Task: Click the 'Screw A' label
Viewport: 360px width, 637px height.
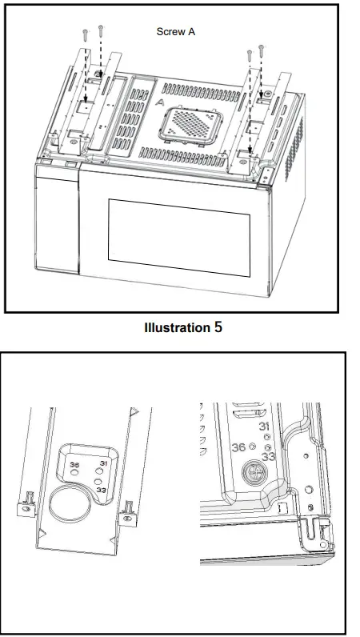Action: click(175, 32)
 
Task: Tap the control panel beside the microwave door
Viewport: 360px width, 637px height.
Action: click(56, 220)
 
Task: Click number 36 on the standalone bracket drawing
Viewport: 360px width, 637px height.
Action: click(74, 464)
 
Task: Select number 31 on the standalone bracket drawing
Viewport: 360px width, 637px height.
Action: click(102, 463)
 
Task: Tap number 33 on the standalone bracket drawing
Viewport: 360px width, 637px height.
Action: click(101, 488)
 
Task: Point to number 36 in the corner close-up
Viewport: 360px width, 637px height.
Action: click(238, 447)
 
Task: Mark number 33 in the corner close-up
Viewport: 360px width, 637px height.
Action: click(269, 456)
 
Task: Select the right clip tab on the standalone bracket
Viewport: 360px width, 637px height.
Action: click(126, 507)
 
